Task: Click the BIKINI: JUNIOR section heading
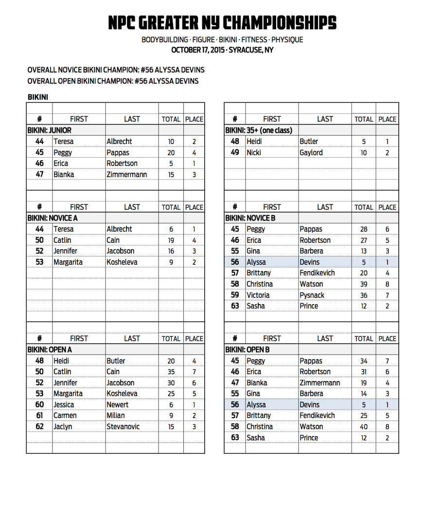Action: (49, 130)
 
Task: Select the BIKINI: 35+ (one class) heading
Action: (258, 130)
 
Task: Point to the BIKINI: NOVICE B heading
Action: (250, 218)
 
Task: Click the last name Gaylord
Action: (311, 152)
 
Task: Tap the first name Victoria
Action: (258, 295)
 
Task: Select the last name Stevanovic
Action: (123, 426)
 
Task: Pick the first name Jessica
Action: (64, 404)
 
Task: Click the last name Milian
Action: (116, 416)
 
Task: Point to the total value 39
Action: (363, 284)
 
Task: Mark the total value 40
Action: (363, 427)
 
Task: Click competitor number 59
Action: (235, 295)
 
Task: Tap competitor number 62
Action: (39, 426)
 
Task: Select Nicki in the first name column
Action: (254, 152)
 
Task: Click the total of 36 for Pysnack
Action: (363, 295)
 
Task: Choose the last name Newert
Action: (118, 404)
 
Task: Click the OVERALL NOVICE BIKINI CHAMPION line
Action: (116, 70)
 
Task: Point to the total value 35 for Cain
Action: (171, 372)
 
